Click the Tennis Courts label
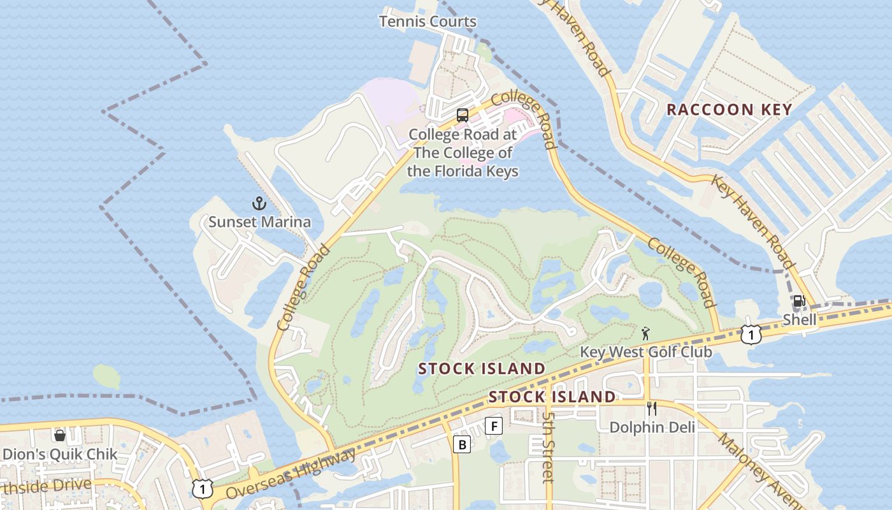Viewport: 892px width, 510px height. pos(428,22)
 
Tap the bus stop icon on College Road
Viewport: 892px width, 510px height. pos(463,115)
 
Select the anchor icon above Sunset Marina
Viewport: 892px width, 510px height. pos(259,203)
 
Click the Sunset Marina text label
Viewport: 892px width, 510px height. pos(260,222)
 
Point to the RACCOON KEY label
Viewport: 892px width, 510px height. pos(729,110)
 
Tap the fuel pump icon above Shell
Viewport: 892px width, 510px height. pos(798,301)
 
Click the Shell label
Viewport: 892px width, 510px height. pos(799,319)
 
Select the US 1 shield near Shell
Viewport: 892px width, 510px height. pos(751,334)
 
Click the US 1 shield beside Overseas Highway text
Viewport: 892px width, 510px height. pos(202,488)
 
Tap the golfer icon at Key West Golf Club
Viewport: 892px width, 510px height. pos(646,333)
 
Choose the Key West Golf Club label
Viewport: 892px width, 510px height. pos(645,352)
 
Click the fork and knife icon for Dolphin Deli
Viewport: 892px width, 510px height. pos(651,409)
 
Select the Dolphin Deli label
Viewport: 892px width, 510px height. pos(652,427)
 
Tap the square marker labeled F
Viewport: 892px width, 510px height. pos(494,425)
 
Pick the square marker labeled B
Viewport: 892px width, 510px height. pos(462,444)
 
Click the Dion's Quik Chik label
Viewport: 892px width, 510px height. pos(60,455)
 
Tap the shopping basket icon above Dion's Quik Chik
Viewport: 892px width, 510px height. pos(60,435)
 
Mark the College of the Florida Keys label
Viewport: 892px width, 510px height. pos(463,153)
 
